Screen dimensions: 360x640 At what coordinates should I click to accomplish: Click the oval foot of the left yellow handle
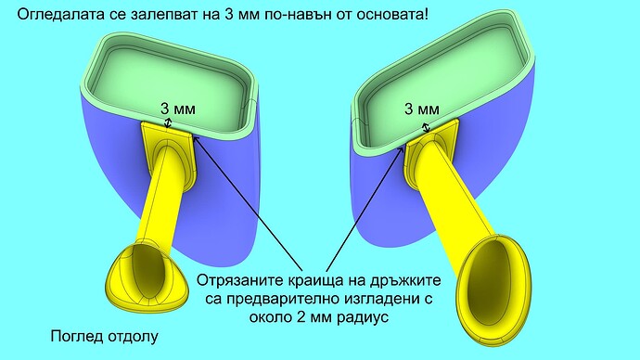tap(147, 273)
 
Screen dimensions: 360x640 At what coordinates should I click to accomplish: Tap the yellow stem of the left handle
tap(161, 199)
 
